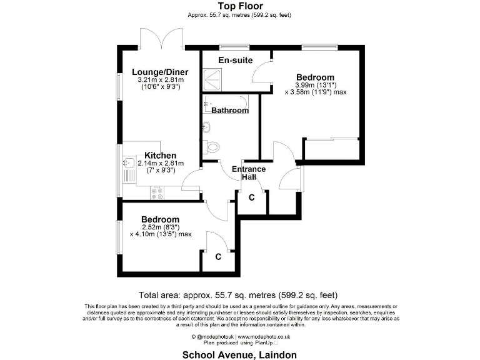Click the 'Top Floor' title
[240, 6]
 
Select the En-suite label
[235, 60]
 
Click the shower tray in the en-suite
[214, 80]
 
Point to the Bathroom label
[230, 111]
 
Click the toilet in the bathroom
[212, 147]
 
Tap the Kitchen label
[161, 155]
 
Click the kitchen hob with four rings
[157, 193]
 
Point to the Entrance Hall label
[249, 173]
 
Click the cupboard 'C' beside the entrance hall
[251, 197]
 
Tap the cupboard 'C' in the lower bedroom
[218, 256]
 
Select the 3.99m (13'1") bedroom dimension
[315, 85]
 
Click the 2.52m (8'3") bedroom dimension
[160, 227]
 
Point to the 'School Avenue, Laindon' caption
[240, 354]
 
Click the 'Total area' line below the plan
[240, 294]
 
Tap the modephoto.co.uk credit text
[239, 336]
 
